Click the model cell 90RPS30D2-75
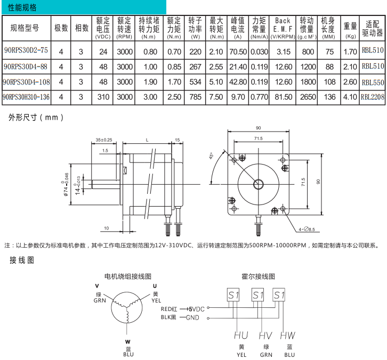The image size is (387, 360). [26, 50]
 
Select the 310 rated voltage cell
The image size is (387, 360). [103, 97]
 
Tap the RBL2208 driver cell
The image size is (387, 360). [373, 97]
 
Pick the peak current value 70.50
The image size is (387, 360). [238, 52]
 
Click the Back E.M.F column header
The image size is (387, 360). [283, 28]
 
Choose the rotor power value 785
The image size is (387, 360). [195, 97]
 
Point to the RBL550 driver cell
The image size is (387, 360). [373, 82]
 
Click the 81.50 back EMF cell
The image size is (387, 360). [284, 97]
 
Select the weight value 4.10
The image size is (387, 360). [350, 97]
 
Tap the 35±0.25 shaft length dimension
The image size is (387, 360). [103, 140]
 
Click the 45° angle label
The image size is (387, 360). [211, 156]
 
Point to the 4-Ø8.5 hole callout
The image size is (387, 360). [307, 230]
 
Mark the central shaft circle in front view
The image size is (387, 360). [259, 184]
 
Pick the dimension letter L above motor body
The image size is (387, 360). [147, 140]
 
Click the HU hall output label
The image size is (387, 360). [241, 336]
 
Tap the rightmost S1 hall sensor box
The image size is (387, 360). [279, 294]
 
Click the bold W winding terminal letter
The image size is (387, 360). [127, 342]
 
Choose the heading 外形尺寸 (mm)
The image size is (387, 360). [36, 117]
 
